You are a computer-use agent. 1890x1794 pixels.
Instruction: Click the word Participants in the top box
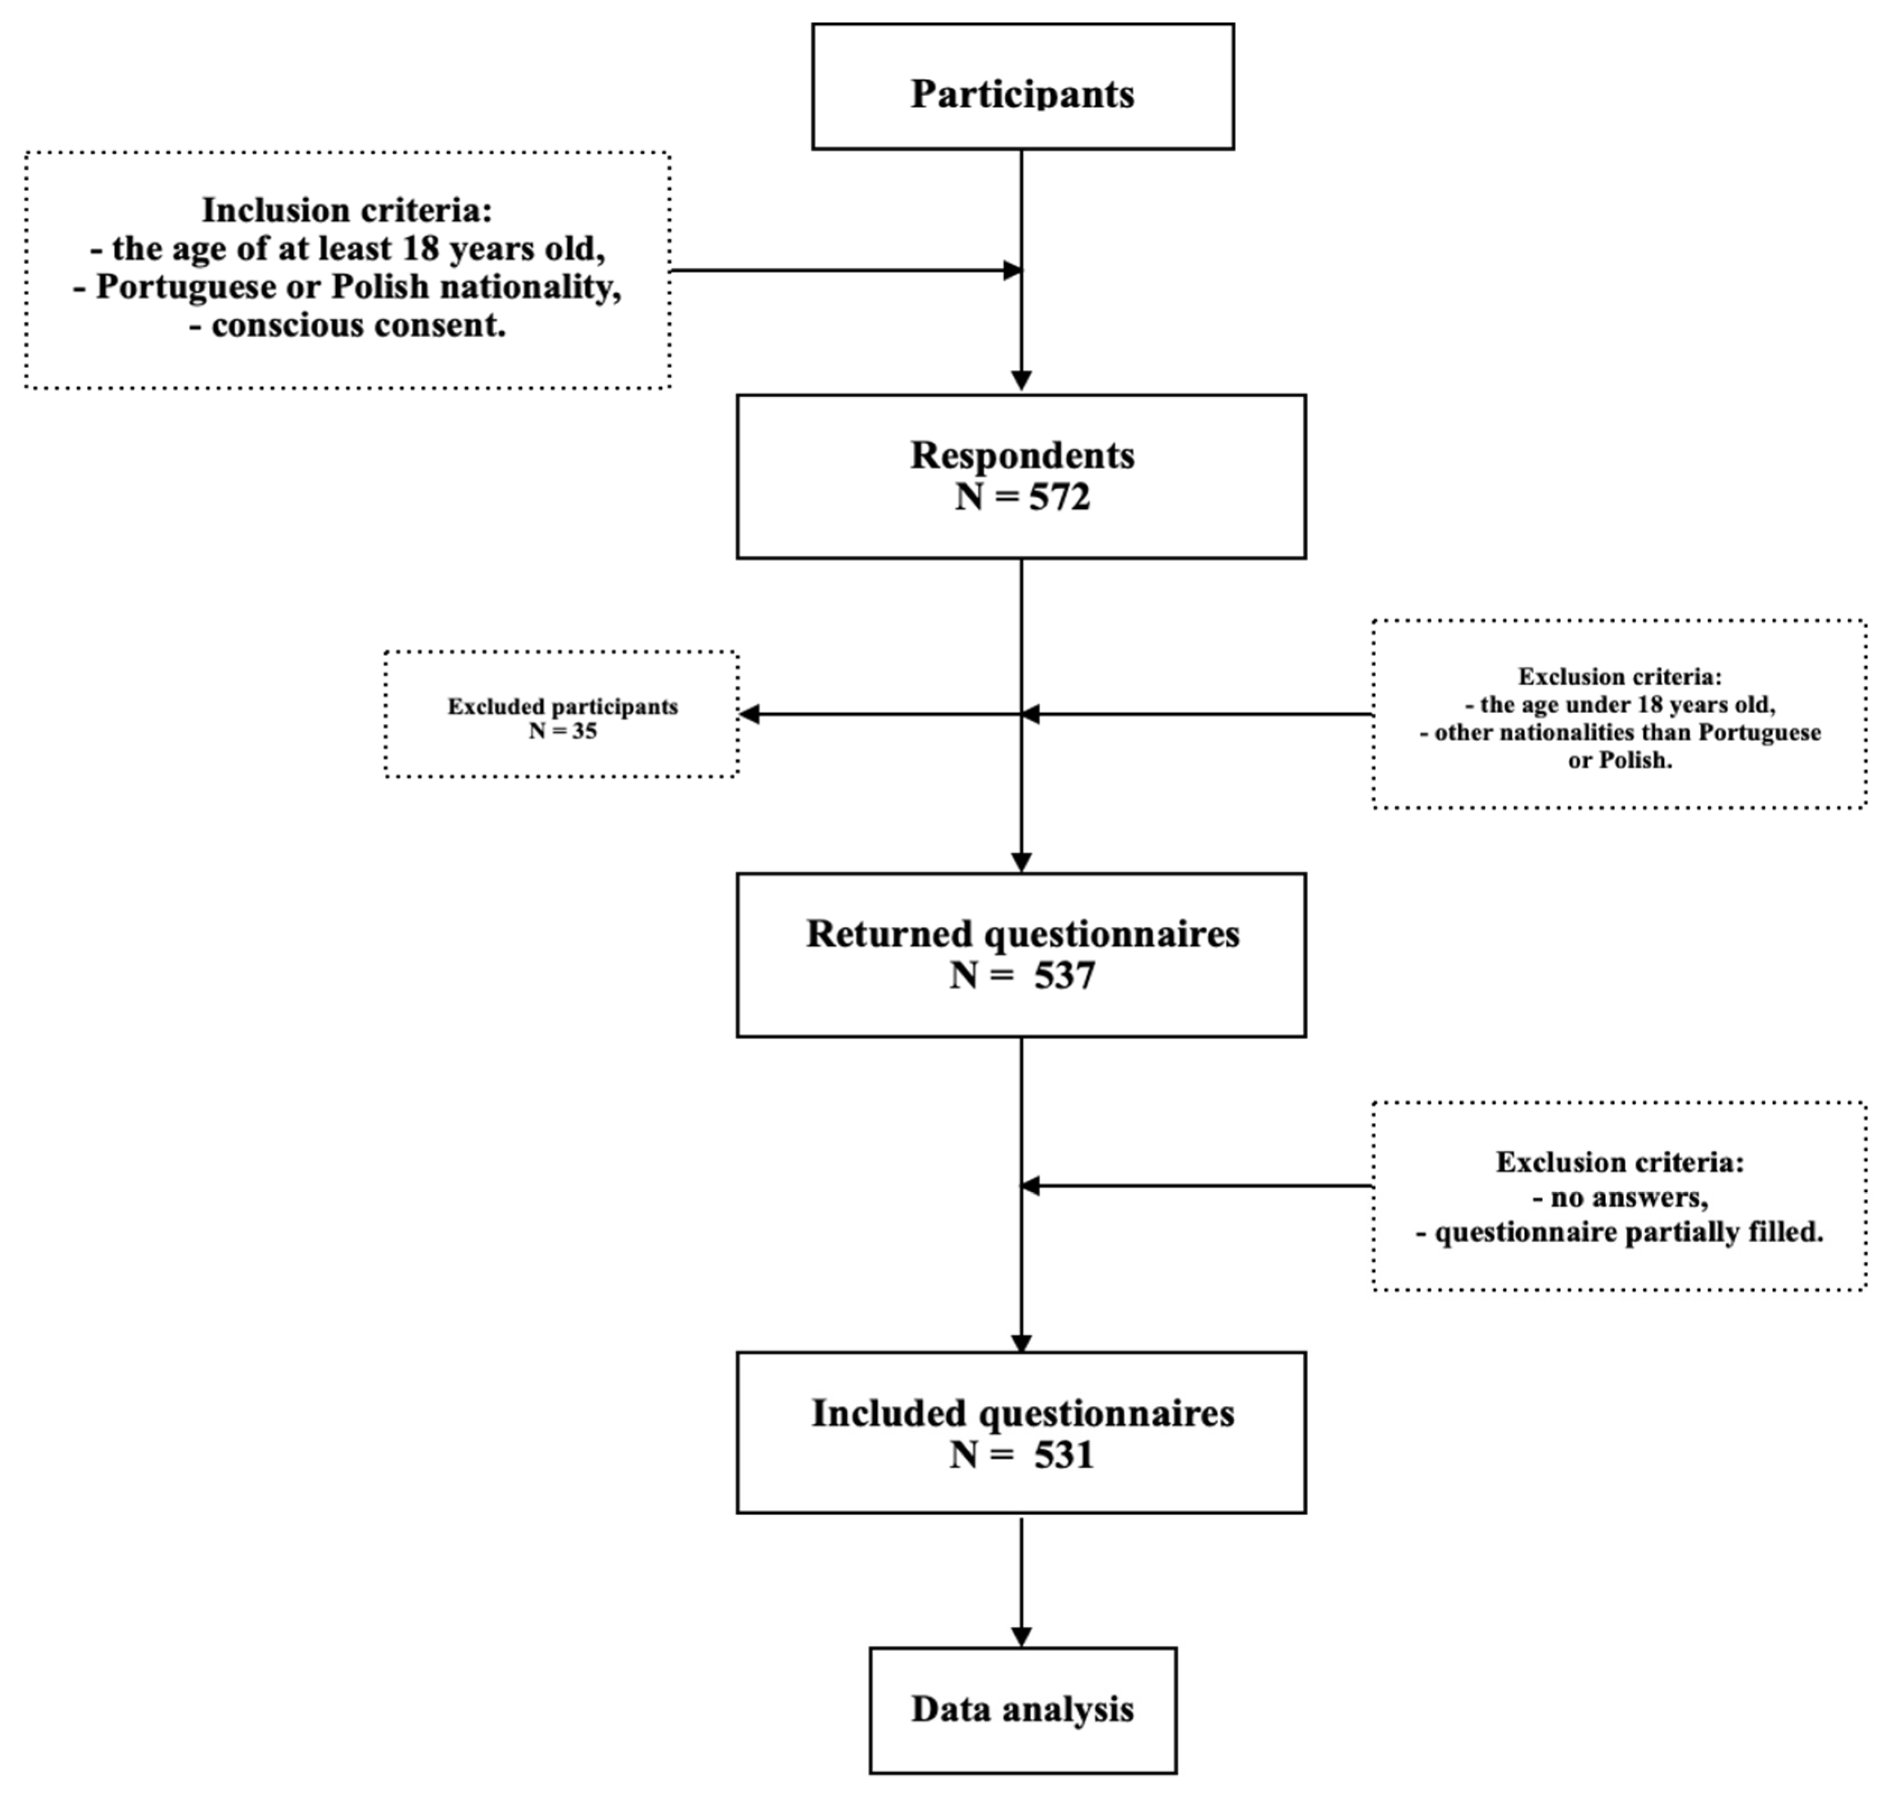coord(1021,94)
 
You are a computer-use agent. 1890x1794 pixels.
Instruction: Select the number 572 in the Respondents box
coord(1059,498)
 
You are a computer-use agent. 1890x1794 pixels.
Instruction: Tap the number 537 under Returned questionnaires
coord(1064,975)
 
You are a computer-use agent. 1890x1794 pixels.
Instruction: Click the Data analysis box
coord(1021,1709)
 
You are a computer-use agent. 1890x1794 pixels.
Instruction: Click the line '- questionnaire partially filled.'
coord(1619,1231)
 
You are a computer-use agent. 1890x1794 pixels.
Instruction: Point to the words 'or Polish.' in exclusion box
coord(1619,761)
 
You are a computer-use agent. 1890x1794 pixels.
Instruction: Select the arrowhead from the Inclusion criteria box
coord(1012,271)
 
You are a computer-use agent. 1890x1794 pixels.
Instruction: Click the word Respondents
coord(1021,455)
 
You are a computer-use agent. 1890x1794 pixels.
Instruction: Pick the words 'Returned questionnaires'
coord(1021,933)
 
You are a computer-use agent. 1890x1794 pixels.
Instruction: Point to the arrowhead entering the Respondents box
coord(1021,380)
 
